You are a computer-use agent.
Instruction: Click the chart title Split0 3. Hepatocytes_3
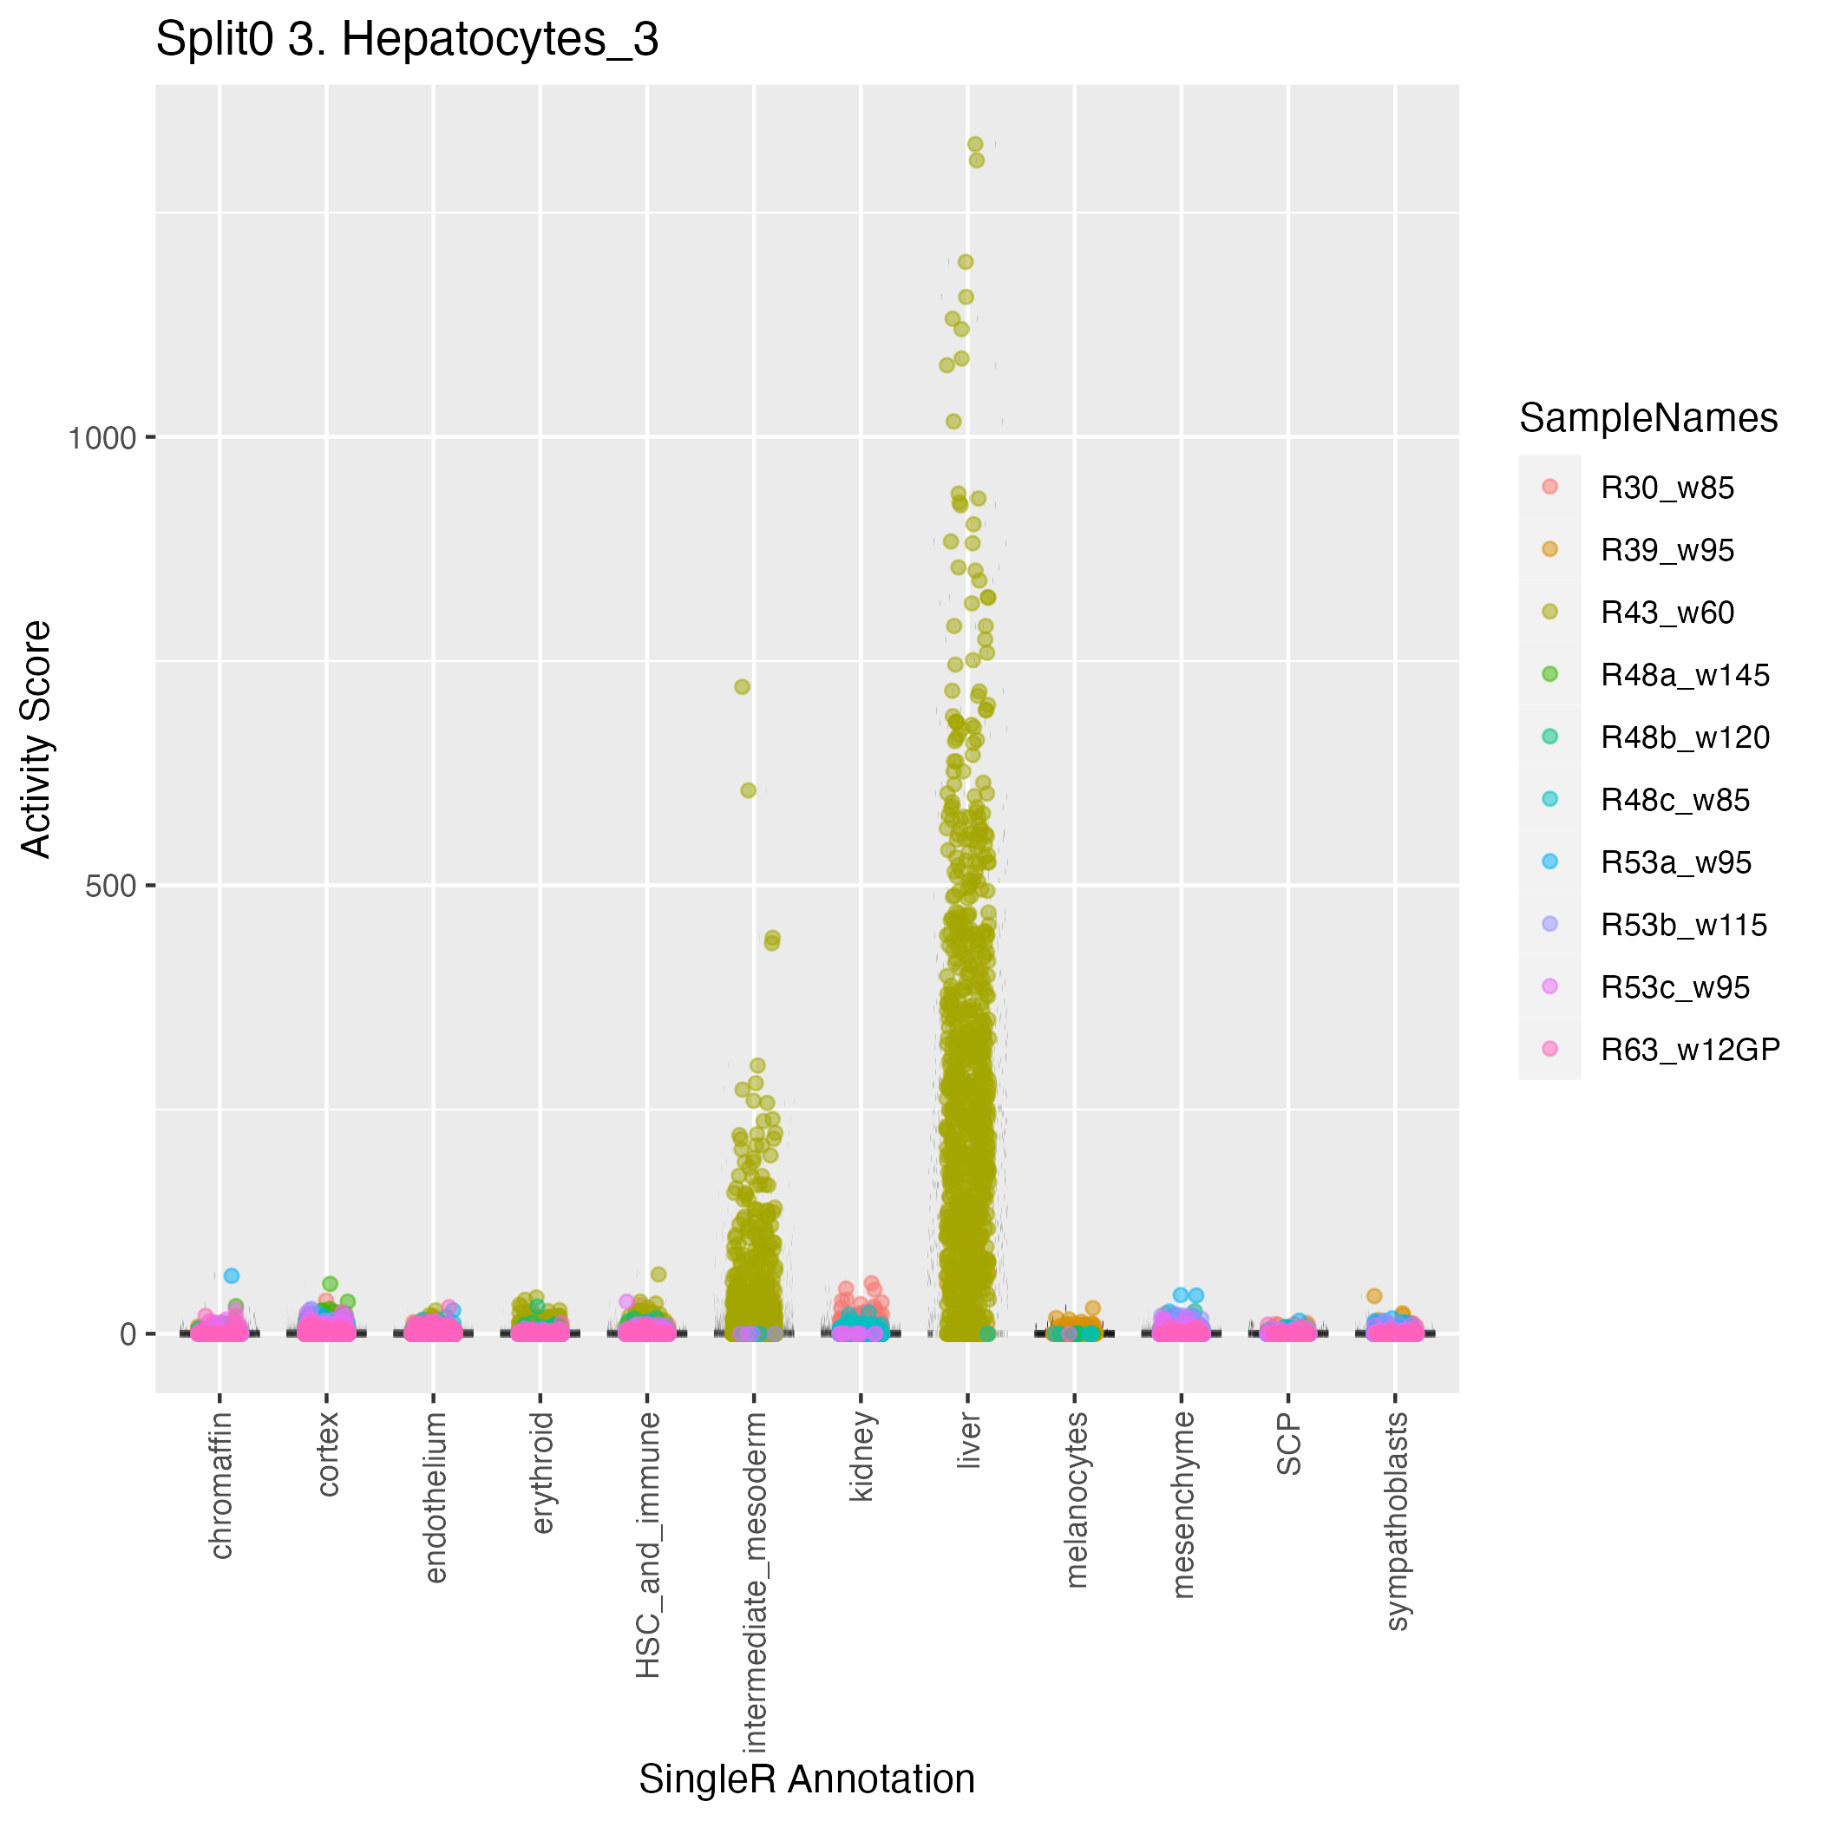coord(406,41)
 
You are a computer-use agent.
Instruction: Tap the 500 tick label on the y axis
coord(111,886)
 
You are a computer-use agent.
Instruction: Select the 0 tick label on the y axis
coord(129,1334)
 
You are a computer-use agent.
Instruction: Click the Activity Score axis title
coord(36,738)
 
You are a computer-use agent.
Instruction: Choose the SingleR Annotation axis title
coord(806,1778)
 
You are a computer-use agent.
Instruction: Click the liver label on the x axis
coord(968,1441)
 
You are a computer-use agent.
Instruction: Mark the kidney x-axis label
coord(861,1457)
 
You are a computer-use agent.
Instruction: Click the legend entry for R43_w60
coord(1667,612)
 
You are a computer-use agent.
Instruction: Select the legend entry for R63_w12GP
coord(1690,1049)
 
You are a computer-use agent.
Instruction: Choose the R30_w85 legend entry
coord(1667,488)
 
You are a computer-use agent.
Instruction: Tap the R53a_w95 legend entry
coord(1675,862)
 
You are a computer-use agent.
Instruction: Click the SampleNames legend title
coord(1647,417)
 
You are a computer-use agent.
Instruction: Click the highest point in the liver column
coord(974,144)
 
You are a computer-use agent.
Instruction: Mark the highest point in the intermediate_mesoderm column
coord(742,686)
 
